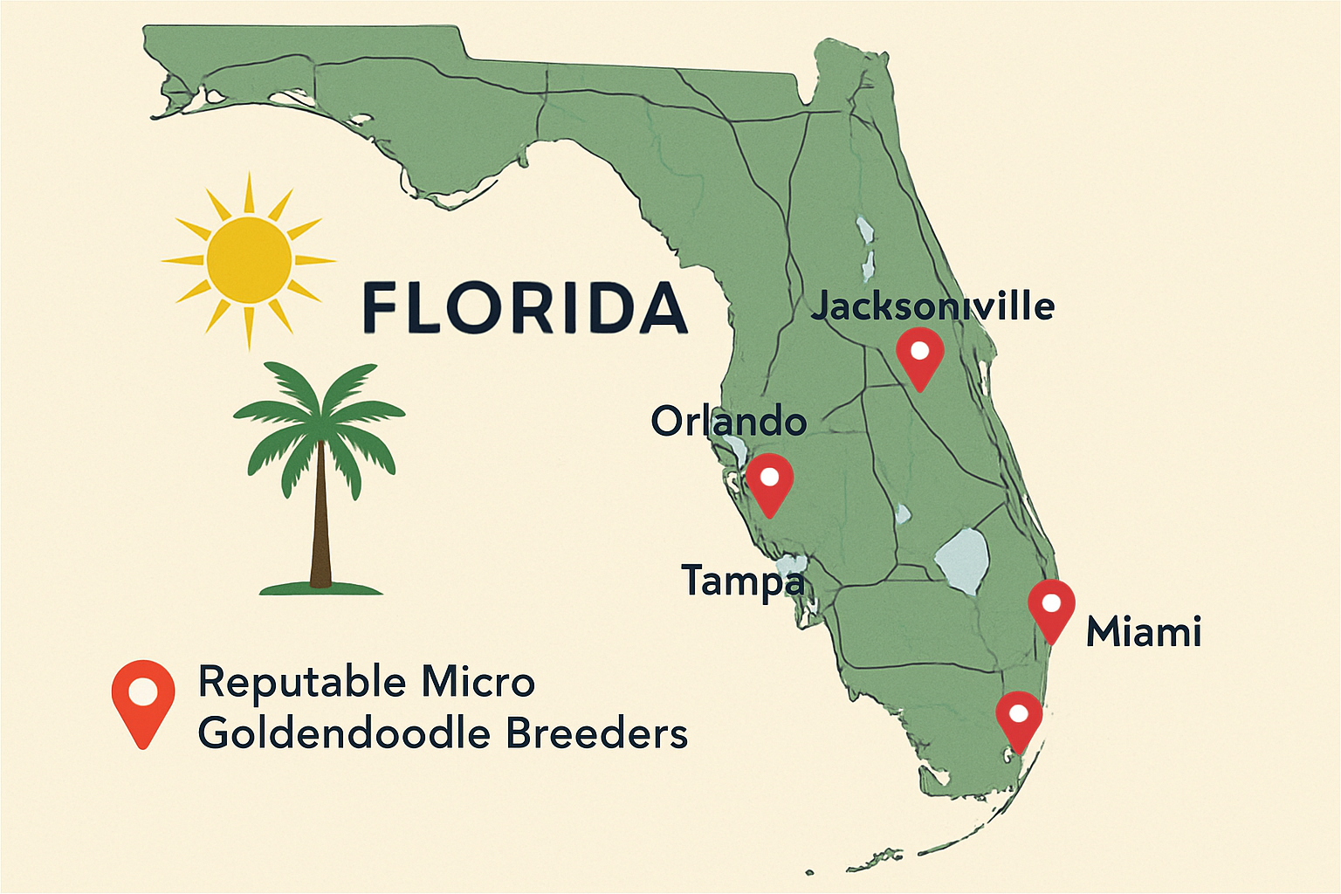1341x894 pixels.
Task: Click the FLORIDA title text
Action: (524, 308)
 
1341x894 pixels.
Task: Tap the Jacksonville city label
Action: (932, 306)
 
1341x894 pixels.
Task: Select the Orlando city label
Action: (728, 422)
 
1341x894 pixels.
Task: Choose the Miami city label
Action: (1144, 632)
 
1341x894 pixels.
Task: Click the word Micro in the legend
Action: (478, 682)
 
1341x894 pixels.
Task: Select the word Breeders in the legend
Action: (597, 733)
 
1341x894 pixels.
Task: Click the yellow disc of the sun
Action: (249, 259)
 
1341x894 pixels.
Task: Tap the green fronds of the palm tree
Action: (320, 410)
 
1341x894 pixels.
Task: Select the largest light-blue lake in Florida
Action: (963, 559)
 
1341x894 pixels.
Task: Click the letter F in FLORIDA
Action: (381, 308)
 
